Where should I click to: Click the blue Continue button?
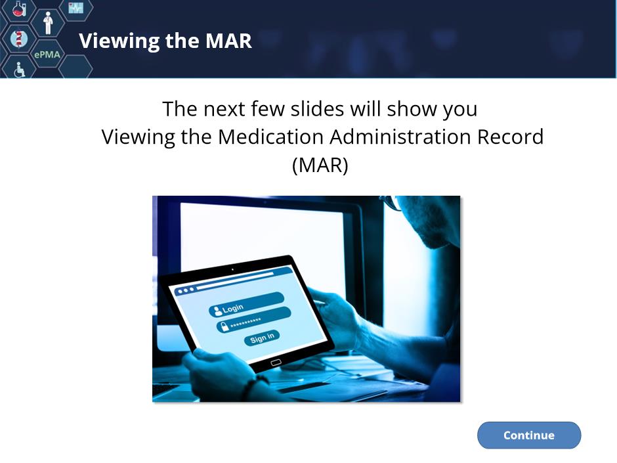coord(529,435)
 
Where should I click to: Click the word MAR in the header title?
coord(228,41)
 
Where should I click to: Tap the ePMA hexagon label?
coord(47,55)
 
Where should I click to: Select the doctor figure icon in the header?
coord(48,22)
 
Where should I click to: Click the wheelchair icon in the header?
coord(19,70)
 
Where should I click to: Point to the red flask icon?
coord(19,8)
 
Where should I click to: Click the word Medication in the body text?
coord(271,137)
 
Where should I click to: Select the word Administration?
coord(400,137)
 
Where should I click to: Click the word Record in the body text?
coord(510,137)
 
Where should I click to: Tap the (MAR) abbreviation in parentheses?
coord(320,165)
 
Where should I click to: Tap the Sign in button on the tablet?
coord(262,338)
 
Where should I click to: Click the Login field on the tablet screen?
coord(247,304)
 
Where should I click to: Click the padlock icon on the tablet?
coord(224,326)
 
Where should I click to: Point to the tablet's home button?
coord(276,363)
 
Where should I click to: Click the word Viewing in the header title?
coord(119,41)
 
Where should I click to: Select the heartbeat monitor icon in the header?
coord(75,7)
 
